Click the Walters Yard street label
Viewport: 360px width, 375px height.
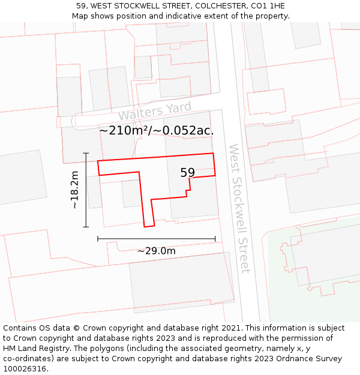click(x=154, y=112)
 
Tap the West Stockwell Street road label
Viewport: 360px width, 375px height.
click(x=238, y=208)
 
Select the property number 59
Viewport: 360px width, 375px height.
click(x=188, y=173)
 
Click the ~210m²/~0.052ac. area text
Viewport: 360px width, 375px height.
click(x=156, y=130)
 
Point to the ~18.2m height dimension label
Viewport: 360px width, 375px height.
click(x=75, y=190)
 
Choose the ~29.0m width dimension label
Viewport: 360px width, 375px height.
click(x=156, y=251)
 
